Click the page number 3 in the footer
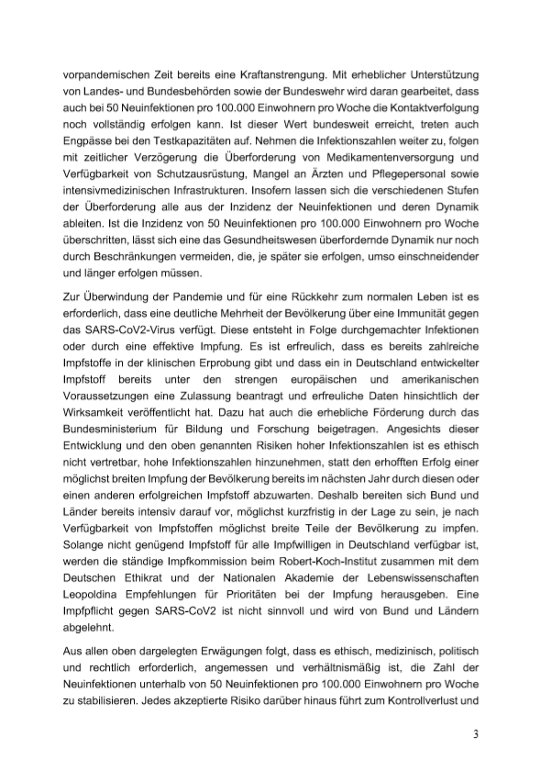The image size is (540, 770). tap(475, 735)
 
